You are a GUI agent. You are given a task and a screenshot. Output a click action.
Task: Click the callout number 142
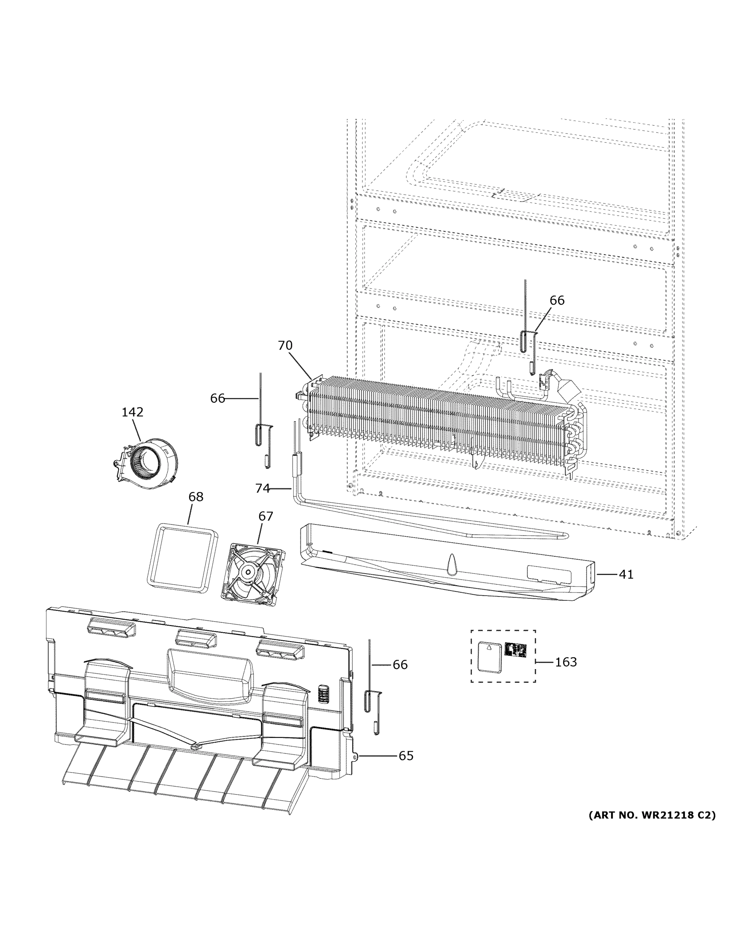click(x=132, y=412)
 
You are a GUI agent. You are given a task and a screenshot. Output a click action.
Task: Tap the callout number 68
click(x=196, y=497)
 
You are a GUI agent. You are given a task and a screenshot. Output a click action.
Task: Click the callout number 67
click(x=266, y=516)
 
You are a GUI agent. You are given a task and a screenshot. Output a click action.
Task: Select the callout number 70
click(x=285, y=345)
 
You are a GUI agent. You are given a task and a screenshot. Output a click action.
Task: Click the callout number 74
click(x=262, y=488)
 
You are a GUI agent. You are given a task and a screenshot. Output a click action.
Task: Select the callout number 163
click(x=566, y=662)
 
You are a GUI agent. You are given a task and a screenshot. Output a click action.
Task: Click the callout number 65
click(x=406, y=756)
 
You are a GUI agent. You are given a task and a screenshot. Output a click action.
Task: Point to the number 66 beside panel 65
click(x=400, y=664)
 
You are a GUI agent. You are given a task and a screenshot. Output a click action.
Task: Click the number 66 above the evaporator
click(x=557, y=300)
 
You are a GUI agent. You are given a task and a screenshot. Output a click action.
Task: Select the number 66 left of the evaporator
click(x=218, y=398)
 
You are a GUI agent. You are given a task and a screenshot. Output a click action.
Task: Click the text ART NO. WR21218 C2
click(x=652, y=815)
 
